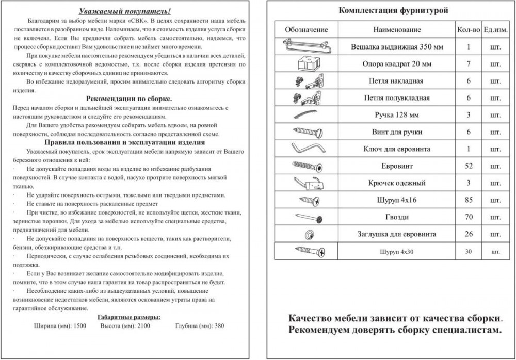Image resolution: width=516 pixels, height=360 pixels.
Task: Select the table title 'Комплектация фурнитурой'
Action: point(393,10)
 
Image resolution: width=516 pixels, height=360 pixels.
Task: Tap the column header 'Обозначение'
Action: point(306,30)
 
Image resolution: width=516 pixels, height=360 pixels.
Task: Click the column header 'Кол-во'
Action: point(468,30)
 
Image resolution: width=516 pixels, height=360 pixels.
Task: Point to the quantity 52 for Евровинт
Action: point(469,166)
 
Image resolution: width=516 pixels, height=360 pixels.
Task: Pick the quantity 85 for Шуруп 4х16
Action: point(469,200)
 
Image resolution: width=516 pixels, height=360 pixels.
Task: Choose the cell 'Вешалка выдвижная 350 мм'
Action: point(397,47)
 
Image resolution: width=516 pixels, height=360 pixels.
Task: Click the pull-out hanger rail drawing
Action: point(306,46)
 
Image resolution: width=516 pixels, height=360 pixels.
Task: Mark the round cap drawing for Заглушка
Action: point(309,234)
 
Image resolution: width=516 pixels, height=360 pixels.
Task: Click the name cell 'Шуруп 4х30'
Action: point(397,252)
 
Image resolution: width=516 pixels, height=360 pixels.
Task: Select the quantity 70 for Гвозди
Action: point(469,217)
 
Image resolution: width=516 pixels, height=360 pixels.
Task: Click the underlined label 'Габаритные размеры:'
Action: point(128,317)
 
